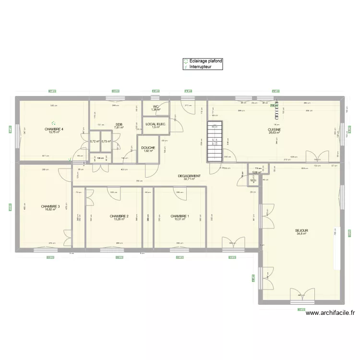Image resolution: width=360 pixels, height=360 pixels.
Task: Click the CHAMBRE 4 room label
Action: pos(54,129)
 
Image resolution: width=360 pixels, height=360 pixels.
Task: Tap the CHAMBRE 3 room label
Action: pos(51,206)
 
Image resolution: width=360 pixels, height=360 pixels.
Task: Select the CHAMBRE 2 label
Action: pos(119,216)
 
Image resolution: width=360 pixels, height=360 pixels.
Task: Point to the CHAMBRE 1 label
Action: pos(180,216)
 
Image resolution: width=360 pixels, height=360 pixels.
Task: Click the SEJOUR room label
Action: pos(302,230)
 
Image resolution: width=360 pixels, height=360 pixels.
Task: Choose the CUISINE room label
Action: pos(274,130)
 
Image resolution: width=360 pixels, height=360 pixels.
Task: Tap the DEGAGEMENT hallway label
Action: pos(190,176)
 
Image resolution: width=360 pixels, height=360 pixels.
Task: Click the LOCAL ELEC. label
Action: pos(155,124)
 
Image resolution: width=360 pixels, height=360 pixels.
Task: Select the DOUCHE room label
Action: pos(148,147)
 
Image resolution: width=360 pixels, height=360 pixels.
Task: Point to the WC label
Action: pos(156,107)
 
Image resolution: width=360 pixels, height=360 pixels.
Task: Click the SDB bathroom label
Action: pos(119,124)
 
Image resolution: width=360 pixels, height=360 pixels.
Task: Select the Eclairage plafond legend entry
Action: pos(203,61)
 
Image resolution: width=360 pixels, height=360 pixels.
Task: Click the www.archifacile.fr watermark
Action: pos(330,312)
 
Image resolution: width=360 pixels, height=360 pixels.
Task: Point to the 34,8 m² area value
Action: pos(302,234)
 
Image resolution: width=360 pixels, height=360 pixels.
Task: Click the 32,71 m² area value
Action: pos(190,179)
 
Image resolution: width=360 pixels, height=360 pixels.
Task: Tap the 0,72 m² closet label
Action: pos(95,142)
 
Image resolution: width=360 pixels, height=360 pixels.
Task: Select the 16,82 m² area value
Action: pos(51,210)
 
